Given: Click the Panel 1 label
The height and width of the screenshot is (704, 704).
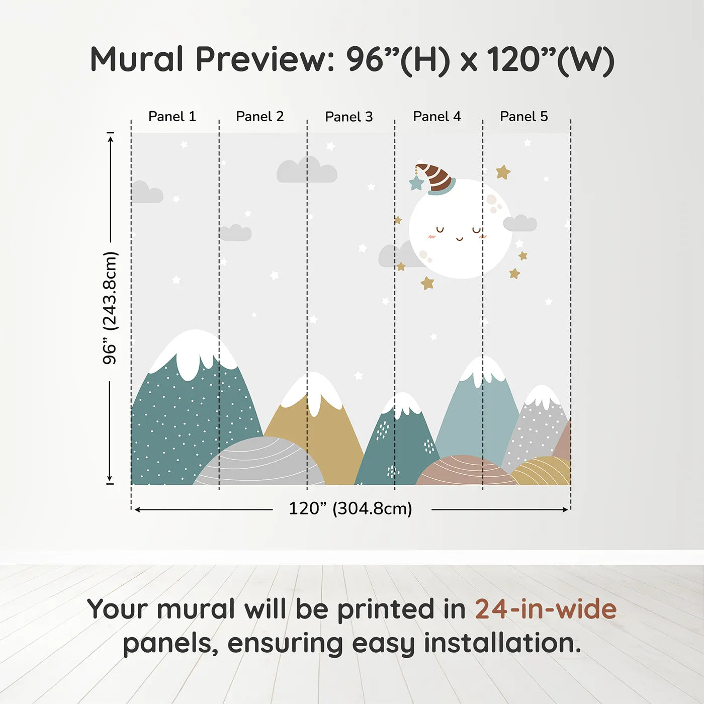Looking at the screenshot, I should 171,117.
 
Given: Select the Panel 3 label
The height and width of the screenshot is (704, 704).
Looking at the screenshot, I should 348,117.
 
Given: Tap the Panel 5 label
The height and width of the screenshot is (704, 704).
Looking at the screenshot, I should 523,117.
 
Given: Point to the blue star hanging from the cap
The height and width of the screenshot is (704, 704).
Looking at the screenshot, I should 416,183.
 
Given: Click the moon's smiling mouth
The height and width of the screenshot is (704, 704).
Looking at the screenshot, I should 459,238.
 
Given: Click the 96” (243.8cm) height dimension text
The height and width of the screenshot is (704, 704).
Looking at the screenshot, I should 110,308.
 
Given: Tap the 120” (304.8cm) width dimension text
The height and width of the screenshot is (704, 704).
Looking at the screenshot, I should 350,508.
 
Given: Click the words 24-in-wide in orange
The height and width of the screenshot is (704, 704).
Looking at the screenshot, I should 546,609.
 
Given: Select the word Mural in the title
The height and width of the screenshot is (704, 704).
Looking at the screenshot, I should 137,59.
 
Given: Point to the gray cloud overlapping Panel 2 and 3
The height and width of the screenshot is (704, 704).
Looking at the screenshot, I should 307,170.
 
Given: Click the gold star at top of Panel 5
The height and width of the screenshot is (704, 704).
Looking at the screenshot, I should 503,172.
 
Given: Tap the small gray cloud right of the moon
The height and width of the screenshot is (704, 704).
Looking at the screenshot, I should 520,223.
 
